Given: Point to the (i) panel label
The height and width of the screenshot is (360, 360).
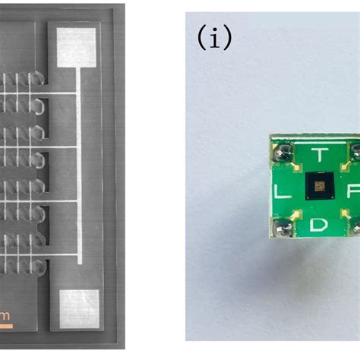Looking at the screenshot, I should [213, 36].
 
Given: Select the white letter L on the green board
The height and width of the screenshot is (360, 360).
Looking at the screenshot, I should [279, 193].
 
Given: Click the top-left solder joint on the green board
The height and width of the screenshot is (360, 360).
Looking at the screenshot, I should [283, 153].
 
